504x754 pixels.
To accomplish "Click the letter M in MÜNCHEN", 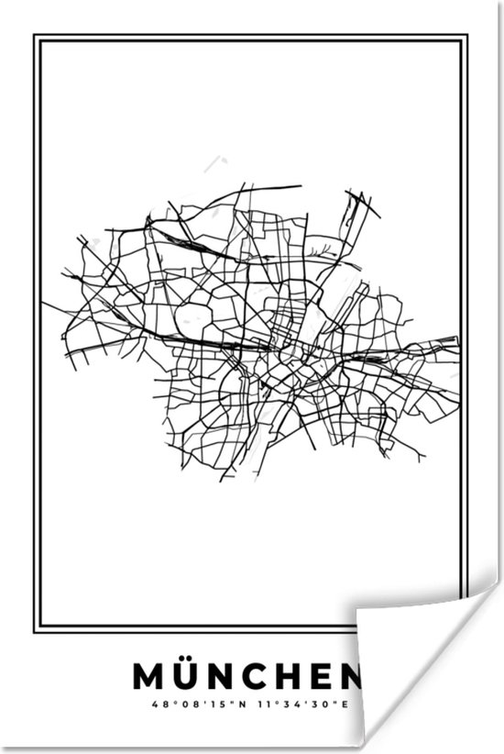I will pos(148,676).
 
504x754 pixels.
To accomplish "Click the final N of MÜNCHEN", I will pos(349,676).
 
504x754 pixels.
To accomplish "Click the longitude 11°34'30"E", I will pos(298,704).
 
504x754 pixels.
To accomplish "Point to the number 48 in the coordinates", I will pos(160,704).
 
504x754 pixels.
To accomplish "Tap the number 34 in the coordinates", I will pos(292,704).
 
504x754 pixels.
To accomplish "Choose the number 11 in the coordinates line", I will pos(266,704).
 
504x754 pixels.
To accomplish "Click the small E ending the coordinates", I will pos(345,704).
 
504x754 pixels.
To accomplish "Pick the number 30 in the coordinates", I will pos(318,704).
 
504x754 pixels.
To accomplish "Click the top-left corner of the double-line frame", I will pos(35,37).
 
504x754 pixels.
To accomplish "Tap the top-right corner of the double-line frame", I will pos(466,37).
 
